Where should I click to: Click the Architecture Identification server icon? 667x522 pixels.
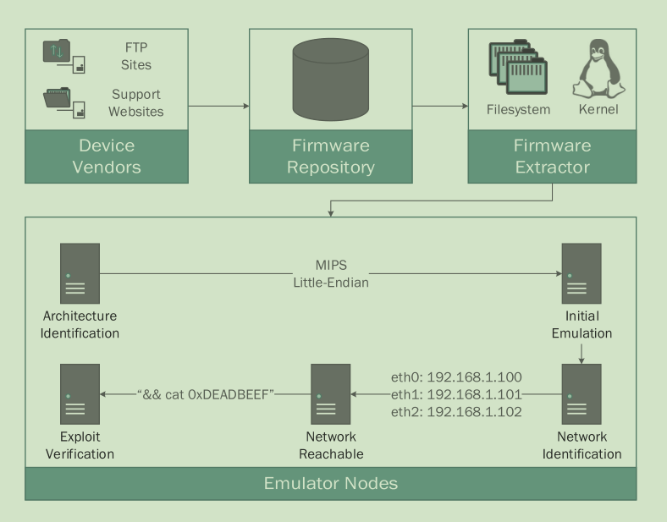[80, 273]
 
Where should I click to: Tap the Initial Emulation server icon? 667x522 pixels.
[582, 273]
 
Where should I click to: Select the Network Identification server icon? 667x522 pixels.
[582, 394]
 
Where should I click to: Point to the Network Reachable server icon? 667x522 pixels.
[331, 394]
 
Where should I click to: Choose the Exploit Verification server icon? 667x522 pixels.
[80, 394]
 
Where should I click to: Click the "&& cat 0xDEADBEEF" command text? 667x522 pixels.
[205, 394]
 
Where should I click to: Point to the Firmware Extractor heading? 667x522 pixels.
[552, 156]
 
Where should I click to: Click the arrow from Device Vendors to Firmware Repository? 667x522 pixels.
[218, 107]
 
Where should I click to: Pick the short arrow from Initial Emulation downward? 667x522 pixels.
[582, 353]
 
